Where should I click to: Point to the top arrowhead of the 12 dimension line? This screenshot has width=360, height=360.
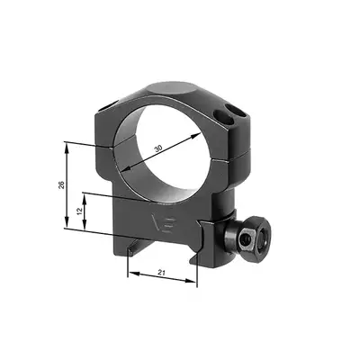pyautogui.click(x=86, y=195)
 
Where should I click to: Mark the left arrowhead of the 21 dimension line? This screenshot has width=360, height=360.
pyautogui.click(x=130, y=275)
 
